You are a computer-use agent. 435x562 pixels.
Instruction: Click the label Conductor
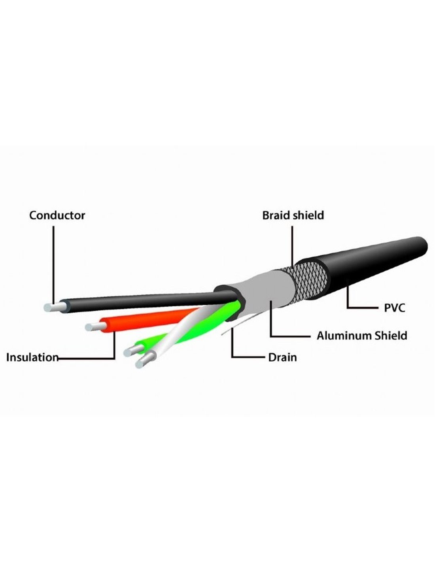click(x=57, y=215)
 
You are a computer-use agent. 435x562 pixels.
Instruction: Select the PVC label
click(x=395, y=308)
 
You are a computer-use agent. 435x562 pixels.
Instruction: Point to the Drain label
click(x=282, y=357)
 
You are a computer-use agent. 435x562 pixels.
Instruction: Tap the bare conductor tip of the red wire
click(x=93, y=327)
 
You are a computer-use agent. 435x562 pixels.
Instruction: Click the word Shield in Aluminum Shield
click(x=391, y=336)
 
